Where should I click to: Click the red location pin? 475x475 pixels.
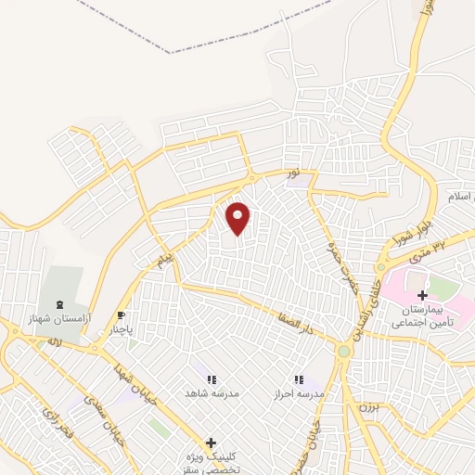[238, 218]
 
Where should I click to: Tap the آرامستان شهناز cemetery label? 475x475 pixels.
[58, 318]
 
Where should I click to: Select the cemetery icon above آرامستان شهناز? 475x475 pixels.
[59, 303]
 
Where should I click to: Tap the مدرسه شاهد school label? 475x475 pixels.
[211, 393]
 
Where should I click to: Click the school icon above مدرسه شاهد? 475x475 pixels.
[211, 379]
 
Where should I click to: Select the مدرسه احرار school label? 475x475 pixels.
[300, 393]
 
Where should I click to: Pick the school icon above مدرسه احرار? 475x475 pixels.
[300, 379]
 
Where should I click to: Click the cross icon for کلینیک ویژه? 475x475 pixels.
[212, 443]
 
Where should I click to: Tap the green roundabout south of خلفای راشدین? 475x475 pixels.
[344, 351]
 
